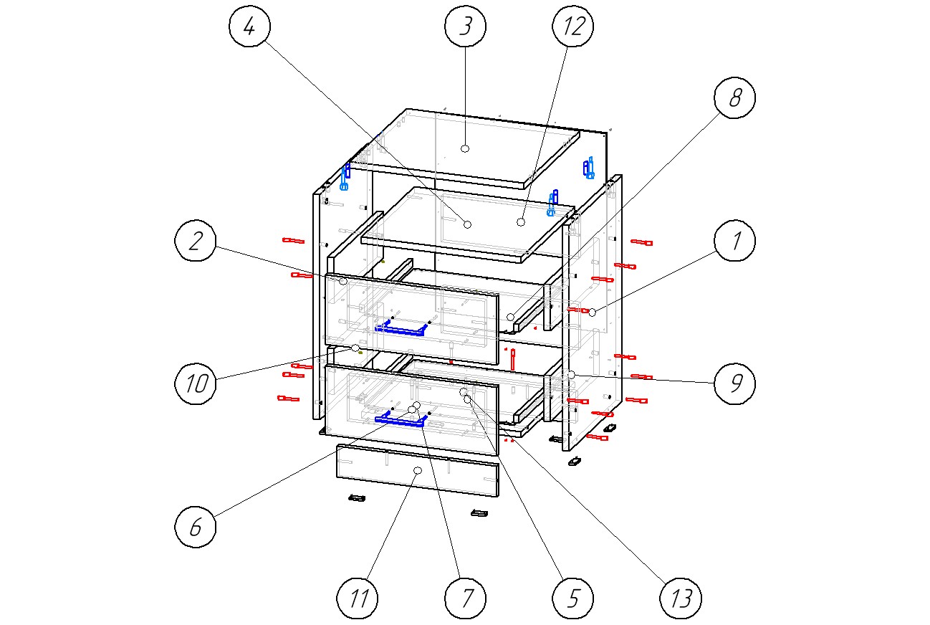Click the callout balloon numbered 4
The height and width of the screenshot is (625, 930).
click(x=249, y=27)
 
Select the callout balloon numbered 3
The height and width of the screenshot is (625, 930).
click(x=465, y=27)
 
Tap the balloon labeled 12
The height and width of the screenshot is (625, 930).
click(x=572, y=27)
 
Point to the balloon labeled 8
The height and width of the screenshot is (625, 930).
click(x=734, y=98)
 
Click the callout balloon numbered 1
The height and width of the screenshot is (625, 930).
click(x=734, y=242)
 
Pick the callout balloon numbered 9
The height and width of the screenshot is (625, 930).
click(x=734, y=384)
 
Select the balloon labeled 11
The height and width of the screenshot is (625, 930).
click(x=358, y=598)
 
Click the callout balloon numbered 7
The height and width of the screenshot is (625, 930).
click(x=465, y=598)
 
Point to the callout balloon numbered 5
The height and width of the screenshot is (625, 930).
click(x=572, y=598)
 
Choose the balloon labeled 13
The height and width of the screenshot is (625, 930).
click(x=680, y=598)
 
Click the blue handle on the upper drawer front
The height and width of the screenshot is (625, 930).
click(x=402, y=328)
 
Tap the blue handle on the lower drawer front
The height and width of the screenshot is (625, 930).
click(x=401, y=420)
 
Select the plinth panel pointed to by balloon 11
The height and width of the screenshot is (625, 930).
click(x=418, y=471)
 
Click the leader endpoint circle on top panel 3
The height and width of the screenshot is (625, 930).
click(x=465, y=148)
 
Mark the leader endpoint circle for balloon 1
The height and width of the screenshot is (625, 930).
click(x=592, y=312)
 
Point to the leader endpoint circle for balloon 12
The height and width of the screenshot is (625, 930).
click(x=521, y=222)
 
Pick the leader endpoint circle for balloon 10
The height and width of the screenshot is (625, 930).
click(x=355, y=348)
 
